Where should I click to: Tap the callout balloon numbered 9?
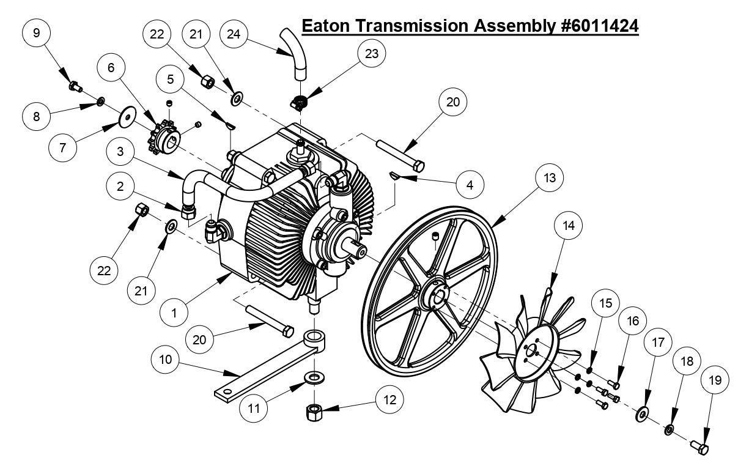click(36, 32)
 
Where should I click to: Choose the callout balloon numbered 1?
click(174, 313)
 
